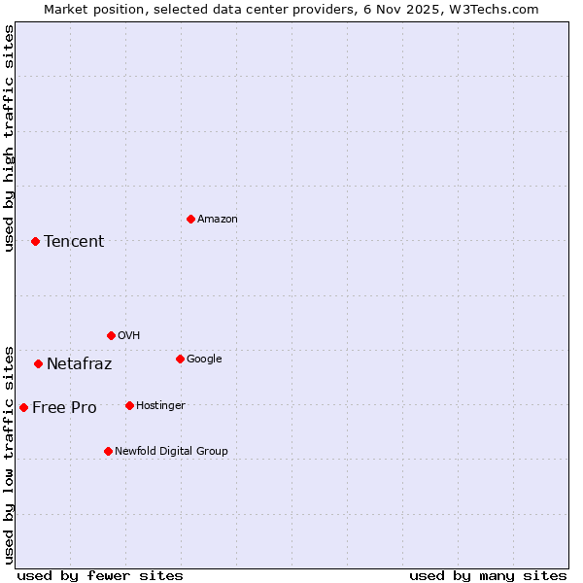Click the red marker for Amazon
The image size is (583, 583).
pyautogui.click(x=190, y=219)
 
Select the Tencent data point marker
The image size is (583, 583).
pyautogui.click(x=35, y=241)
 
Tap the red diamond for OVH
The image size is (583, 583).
pyautogui.click(x=111, y=335)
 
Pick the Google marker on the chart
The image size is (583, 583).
pyautogui.click(x=180, y=359)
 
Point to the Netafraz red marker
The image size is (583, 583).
pyautogui.click(x=38, y=363)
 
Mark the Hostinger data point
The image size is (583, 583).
pyautogui.click(x=129, y=405)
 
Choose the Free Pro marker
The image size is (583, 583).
pyautogui.click(x=23, y=407)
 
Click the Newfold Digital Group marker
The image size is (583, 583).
pyautogui.click(x=108, y=451)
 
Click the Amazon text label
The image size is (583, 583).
pyautogui.click(x=218, y=220)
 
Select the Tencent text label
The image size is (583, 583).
pyautogui.click(x=74, y=242)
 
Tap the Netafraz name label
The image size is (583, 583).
pyautogui.click(x=79, y=364)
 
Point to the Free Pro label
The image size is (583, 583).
pyautogui.click(x=64, y=408)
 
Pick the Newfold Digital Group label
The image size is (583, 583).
pyautogui.click(x=171, y=452)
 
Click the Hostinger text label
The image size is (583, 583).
pyautogui.click(x=160, y=406)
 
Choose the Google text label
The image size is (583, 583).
pyautogui.click(x=204, y=360)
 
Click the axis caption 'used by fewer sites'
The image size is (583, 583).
pyautogui.click(x=100, y=576)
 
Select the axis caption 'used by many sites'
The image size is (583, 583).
pyautogui.click(x=488, y=576)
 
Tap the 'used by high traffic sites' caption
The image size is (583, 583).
pyautogui.click(x=9, y=138)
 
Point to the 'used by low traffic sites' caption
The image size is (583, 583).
pyautogui.click(x=9, y=455)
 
